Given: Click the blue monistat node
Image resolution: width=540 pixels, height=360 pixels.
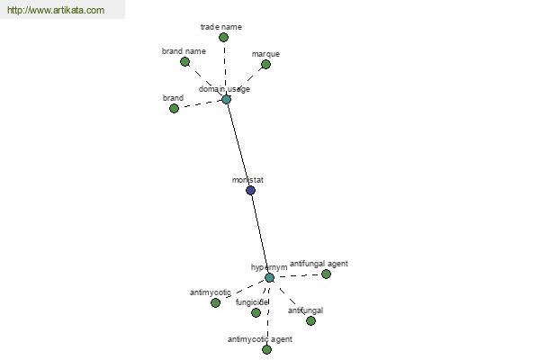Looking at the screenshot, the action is (251, 190).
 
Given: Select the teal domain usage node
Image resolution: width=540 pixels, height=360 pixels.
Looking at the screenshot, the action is (226, 100).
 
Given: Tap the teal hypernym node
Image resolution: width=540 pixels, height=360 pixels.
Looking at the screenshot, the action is (269, 278).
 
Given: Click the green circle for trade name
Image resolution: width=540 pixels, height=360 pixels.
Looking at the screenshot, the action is (223, 37).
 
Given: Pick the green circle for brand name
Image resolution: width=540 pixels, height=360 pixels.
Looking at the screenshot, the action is (184, 62).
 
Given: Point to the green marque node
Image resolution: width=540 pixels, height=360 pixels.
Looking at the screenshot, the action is (265, 65).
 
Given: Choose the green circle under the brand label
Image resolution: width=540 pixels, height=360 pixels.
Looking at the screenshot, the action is (174, 109).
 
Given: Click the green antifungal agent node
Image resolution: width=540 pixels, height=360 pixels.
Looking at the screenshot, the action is (326, 274).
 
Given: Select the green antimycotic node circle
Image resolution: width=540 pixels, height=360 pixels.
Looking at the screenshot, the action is (216, 302).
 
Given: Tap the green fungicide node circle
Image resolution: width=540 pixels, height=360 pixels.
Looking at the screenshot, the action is (256, 313).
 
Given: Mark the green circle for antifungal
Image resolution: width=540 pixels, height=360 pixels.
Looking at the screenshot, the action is (310, 320).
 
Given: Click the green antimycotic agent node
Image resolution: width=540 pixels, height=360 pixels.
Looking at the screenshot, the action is (267, 350).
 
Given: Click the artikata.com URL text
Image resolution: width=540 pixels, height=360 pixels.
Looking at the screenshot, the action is (56, 10).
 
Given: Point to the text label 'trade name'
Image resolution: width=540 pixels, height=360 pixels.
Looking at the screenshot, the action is (221, 27).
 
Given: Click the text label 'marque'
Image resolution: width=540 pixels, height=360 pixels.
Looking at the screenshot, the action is (265, 54).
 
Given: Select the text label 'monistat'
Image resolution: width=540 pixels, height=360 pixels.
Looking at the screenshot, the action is (247, 180).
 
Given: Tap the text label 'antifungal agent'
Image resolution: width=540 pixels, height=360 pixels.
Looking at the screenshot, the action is (319, 264).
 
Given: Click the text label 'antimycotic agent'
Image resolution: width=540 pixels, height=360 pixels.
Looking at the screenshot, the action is (260, 339).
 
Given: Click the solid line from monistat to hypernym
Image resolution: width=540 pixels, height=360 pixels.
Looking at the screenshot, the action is (260, 234).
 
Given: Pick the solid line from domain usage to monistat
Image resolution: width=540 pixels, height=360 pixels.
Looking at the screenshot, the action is (238, 145).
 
